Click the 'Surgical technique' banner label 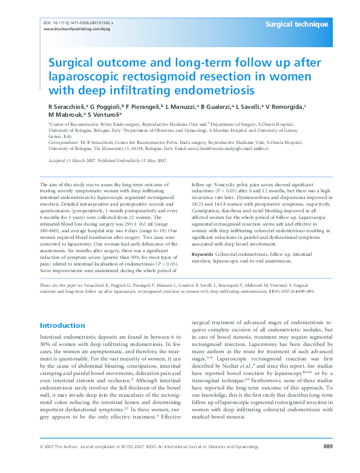point(297,24)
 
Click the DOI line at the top point(79,22)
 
